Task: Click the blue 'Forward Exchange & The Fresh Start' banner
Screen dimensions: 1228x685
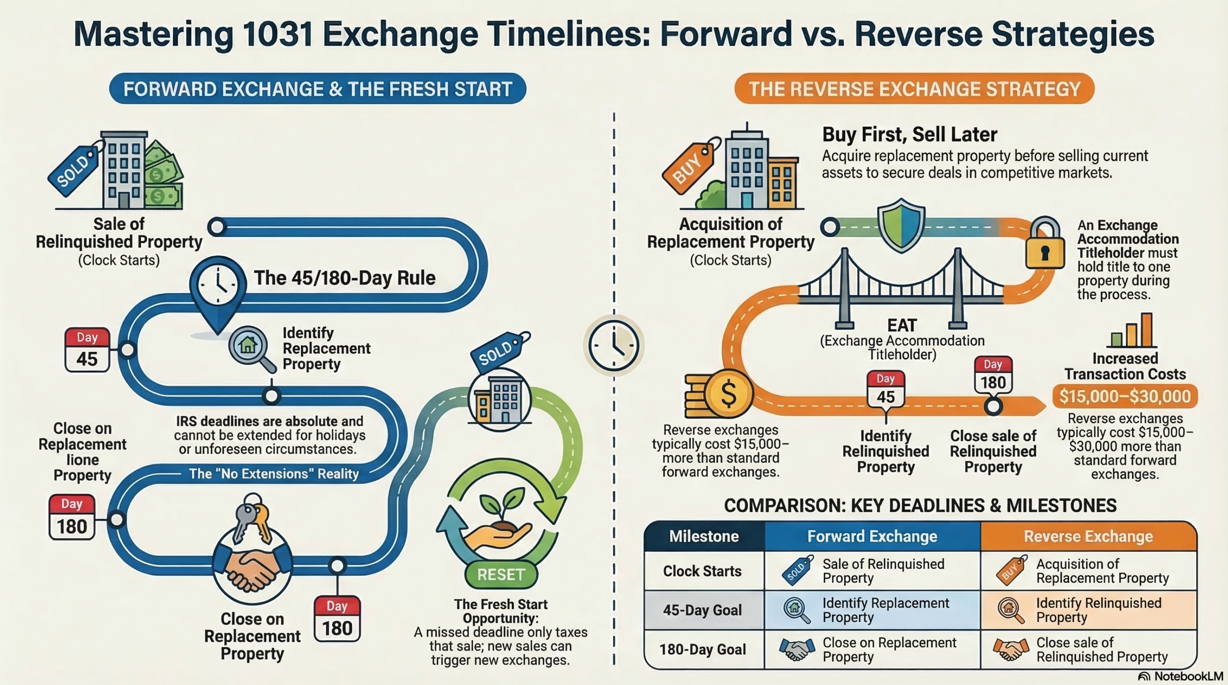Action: tap(318, 89)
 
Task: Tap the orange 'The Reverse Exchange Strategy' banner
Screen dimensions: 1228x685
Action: tap(914, 89)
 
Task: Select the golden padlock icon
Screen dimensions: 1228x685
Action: tap(1045, 243)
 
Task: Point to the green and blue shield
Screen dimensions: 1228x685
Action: tap(901, 225)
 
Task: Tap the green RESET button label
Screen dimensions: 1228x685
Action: tap(501, 574)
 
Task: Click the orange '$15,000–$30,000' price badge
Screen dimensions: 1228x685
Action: tap(1125, 396)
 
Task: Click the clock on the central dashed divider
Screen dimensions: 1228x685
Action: tap(614, 346)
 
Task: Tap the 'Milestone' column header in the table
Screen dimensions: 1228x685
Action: tap(704, 536)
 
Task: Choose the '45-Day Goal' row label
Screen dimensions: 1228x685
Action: tap(702, 610)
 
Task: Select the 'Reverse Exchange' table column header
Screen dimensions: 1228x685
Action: tap(1088, 536)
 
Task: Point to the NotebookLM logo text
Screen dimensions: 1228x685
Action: tap(1188, 676)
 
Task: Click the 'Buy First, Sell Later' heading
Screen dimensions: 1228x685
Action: tap(909, 135)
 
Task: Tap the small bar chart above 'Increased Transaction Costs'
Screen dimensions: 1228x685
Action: tap(1132, 330)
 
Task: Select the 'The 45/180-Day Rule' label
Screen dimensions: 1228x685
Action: tap(344, 278)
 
